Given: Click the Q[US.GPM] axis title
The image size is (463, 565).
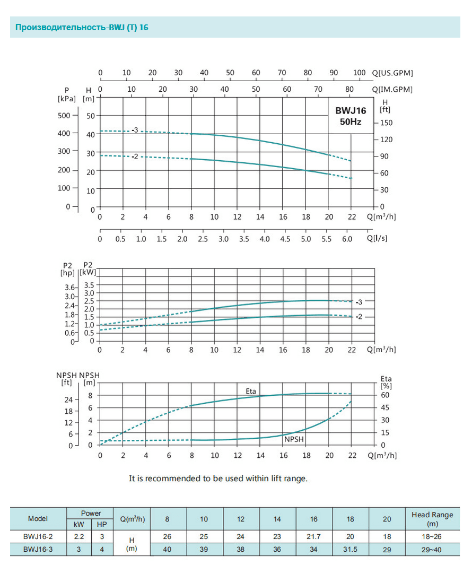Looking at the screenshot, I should click(392, 73).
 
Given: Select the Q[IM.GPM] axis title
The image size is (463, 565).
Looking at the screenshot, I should click(392, 89).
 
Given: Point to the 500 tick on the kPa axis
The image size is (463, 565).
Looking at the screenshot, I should click(64, 115).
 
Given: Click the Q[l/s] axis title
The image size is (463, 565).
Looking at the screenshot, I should click(377, 238).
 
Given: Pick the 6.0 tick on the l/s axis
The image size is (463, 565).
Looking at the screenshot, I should click(347, 239).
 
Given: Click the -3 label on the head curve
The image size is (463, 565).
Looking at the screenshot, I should click(135, 130).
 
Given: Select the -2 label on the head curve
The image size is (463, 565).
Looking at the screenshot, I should click(135, 157).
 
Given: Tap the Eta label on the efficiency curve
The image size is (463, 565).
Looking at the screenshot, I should click(251, 392).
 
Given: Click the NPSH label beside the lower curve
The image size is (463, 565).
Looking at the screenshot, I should click(294, 439).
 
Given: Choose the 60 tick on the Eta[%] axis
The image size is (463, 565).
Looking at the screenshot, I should click(385, 395).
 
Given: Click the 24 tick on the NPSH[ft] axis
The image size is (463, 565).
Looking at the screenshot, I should click(68, 399).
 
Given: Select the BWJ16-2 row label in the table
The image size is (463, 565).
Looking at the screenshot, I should click(38, 536).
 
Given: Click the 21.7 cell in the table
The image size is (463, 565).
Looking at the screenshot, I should click(314, 536).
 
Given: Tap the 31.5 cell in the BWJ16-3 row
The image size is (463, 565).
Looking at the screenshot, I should click(351, 550).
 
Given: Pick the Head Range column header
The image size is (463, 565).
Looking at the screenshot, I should click(432, 518).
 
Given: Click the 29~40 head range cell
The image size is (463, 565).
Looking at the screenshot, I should click(432, 550).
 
